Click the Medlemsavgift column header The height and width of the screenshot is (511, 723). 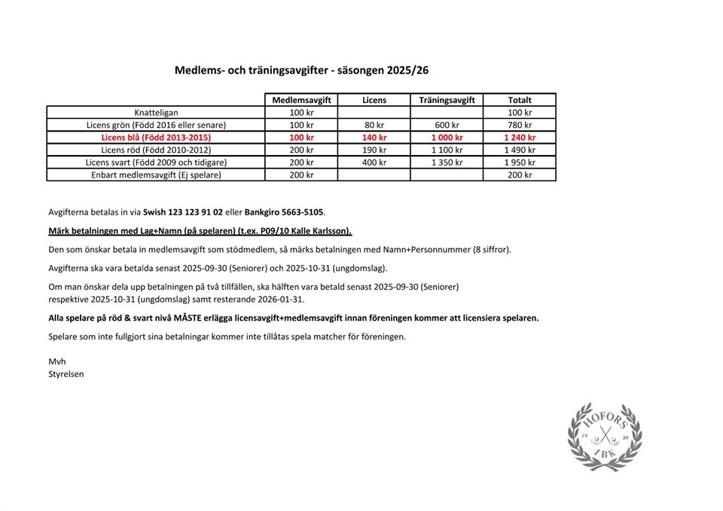click(301, 99)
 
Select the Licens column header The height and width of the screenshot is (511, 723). click(374, 99)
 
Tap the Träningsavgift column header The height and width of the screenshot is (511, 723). click(447, 99)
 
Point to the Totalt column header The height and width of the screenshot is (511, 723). click(520, 99)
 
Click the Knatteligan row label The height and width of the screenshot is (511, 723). click(156, 112)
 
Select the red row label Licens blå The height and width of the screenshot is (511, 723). click(156, 138)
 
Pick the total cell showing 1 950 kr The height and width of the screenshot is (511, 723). click(520, 163)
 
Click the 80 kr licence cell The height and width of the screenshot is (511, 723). click(374, 125)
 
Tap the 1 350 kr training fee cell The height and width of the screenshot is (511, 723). click(447, 163)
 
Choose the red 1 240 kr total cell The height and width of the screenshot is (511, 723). click(520, 138)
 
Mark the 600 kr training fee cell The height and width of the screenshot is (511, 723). click(447, 125)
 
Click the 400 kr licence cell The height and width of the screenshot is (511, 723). click(374, 163)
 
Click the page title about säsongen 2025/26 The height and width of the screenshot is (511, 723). click(302, 70)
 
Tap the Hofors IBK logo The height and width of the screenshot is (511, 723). click(605, 437)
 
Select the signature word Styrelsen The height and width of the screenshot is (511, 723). click(66, 373)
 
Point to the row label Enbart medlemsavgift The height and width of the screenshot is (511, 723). click(156, 175)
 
